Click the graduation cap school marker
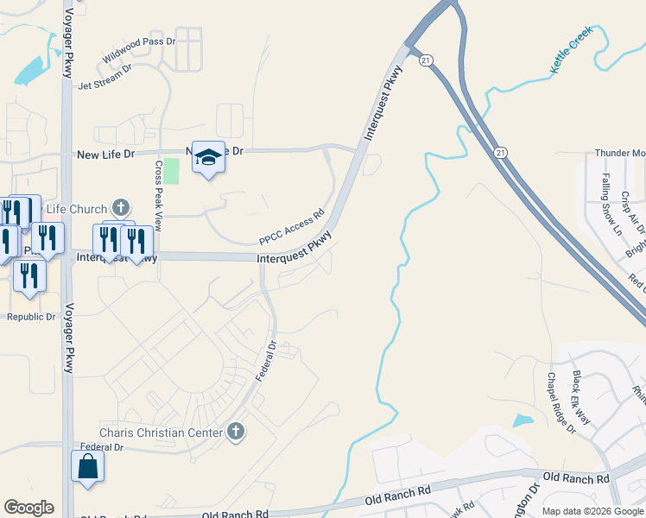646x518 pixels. [x=207, y=157]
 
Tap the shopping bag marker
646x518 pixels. [x=88, y=466]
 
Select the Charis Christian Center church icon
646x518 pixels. [x=236, y=432]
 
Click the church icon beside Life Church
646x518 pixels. [x=121, y=208]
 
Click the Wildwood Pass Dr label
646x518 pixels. [x=138, y=53]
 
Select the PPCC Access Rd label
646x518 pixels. [x=291, y=227]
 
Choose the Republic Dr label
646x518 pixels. [x=31, y=317]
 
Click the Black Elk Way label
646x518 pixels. [x=581, y=398]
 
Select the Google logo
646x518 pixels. [x=29, y=508]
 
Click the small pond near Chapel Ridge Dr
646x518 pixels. [x=522, y=421]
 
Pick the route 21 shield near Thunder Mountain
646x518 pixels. [x=500, y=152]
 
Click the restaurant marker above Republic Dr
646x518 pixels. [x=30, y=275]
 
